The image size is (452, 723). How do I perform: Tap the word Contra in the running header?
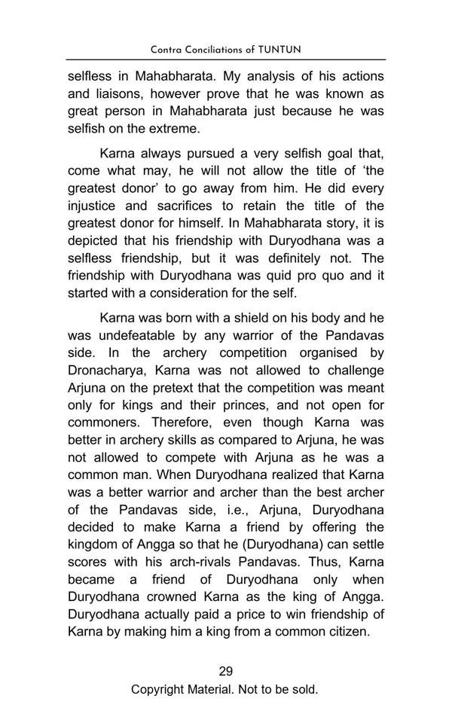click(x=167, y=50)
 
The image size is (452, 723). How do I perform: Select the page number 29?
click(x=225, y=671)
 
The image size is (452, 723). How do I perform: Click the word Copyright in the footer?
click(x=160, y=689)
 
